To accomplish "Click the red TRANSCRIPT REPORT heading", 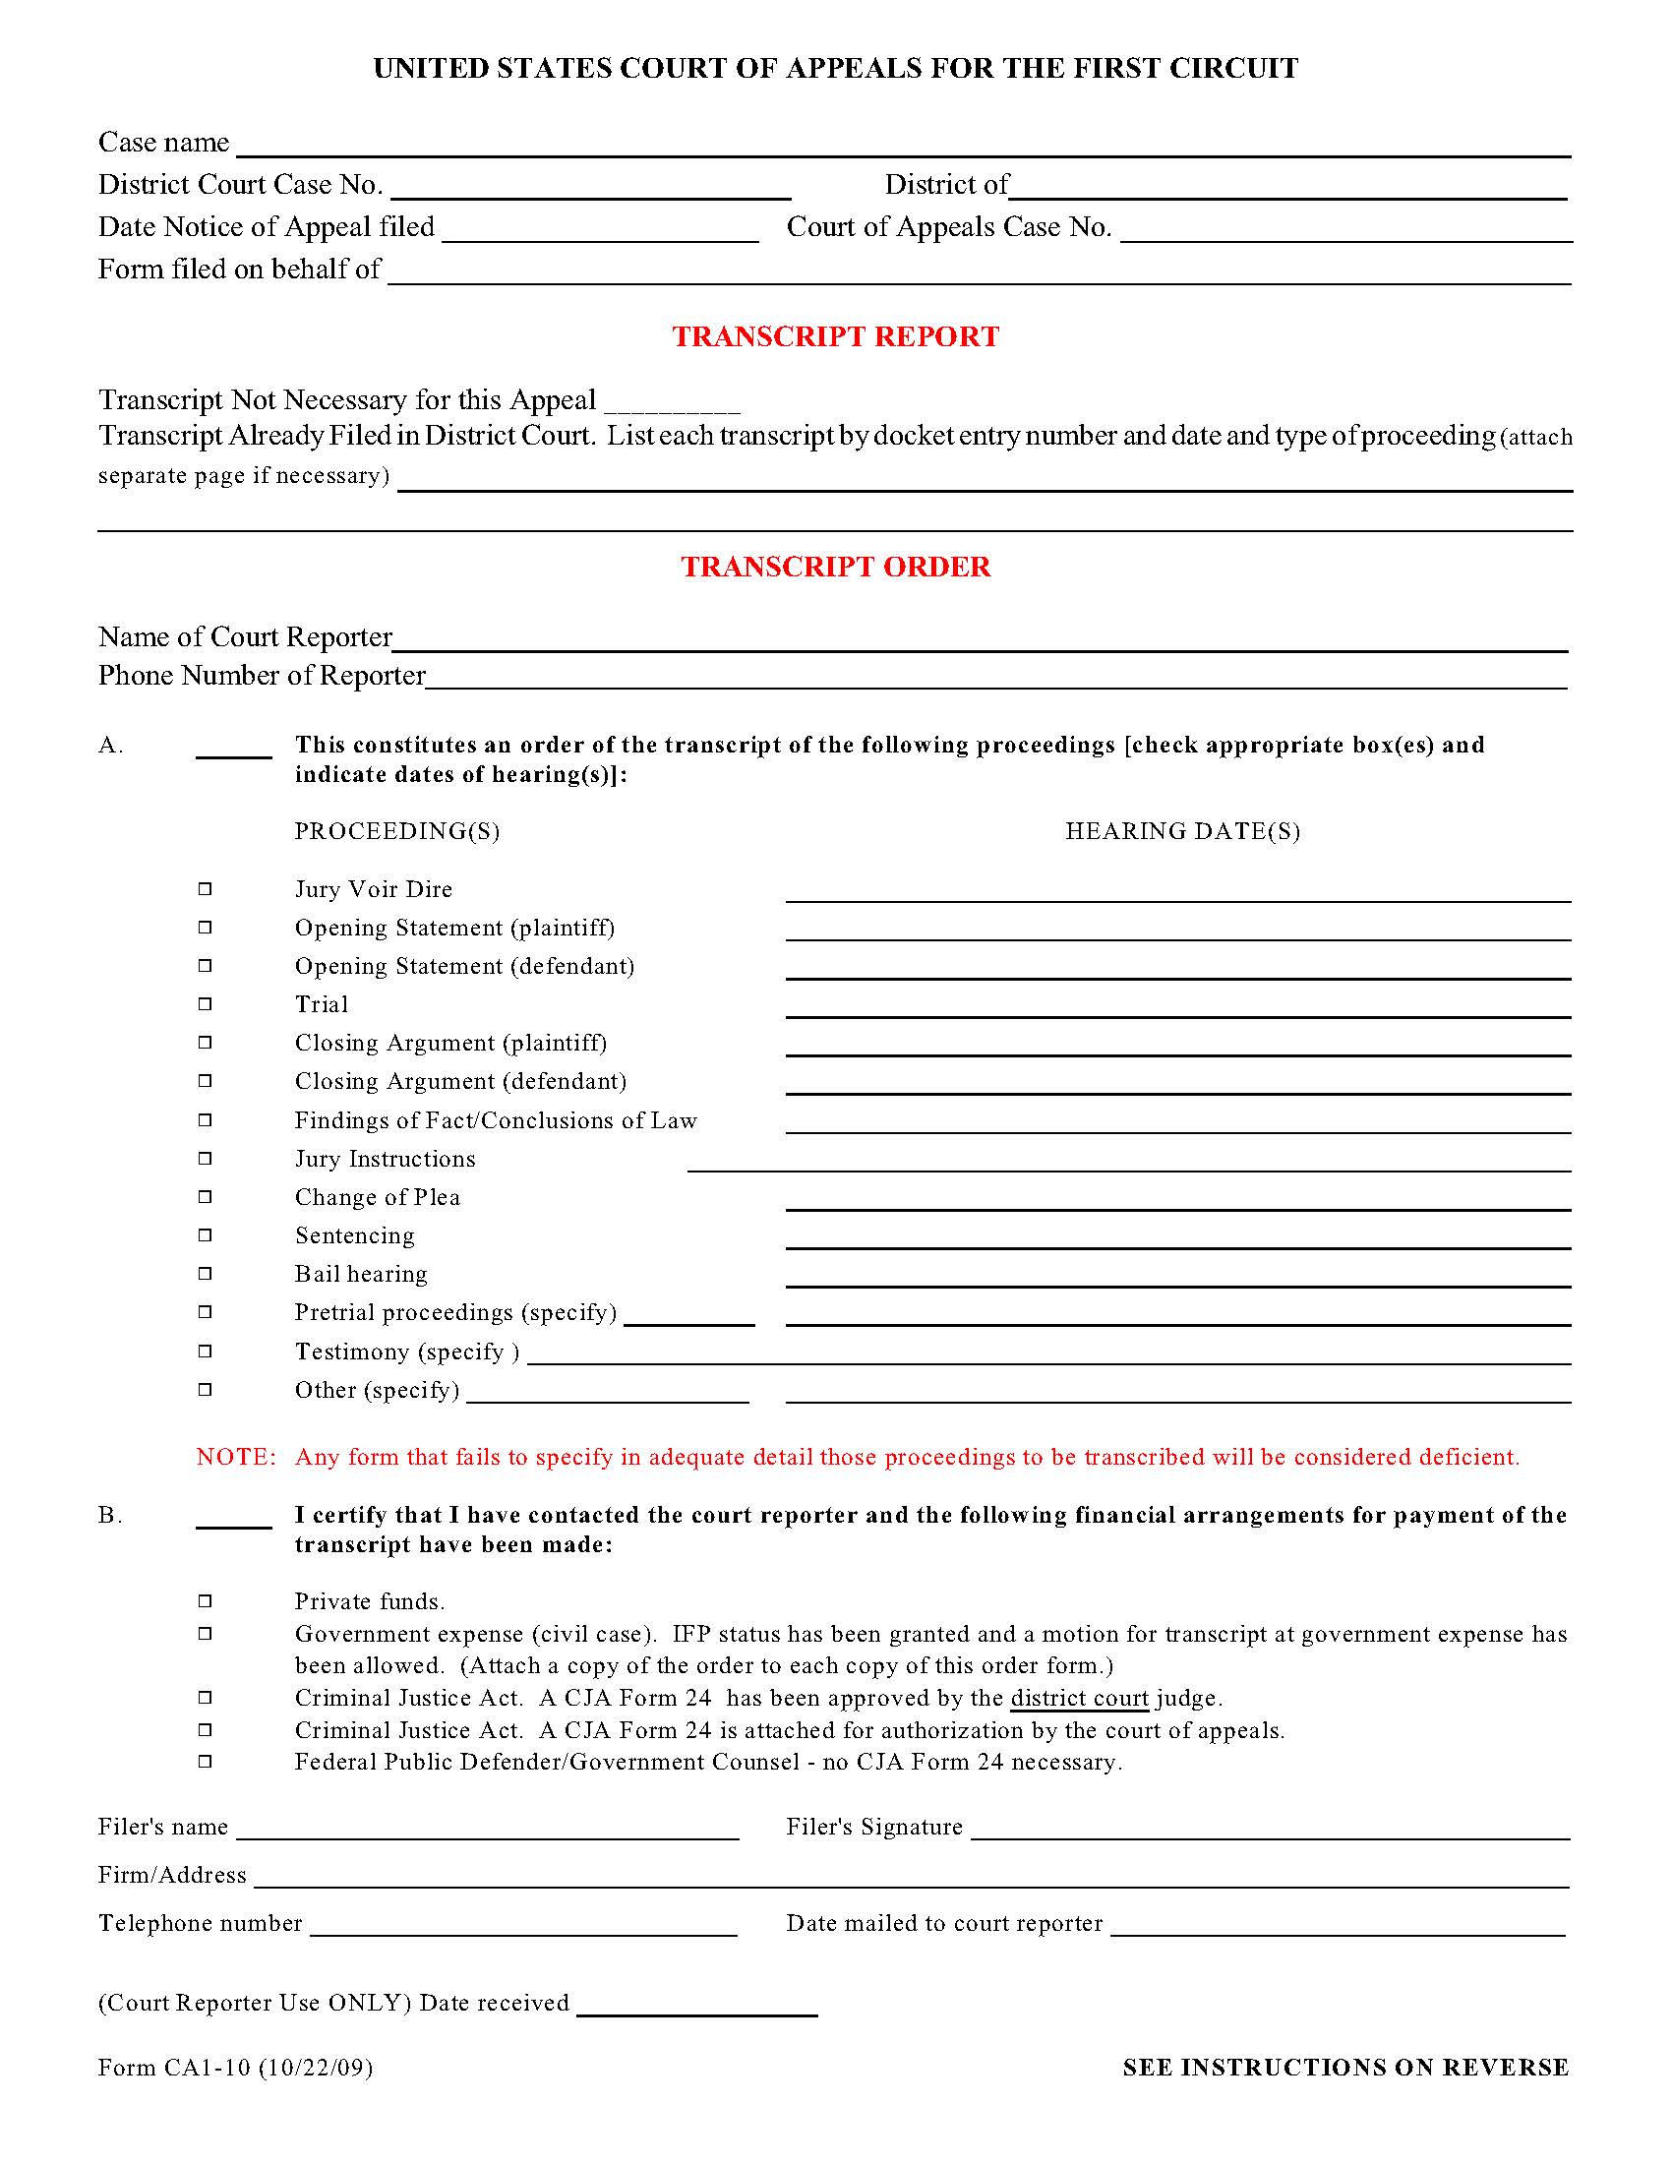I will pos(835,336).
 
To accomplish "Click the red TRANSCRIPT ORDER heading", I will pos(835,567).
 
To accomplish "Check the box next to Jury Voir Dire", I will pos(205,889).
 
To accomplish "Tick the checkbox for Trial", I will pos(205,1003).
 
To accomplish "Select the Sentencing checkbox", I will pos(205,1234).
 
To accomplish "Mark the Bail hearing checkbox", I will pos(205,1273).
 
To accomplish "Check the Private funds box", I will pos(205,1600).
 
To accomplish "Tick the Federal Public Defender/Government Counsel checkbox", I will pos(205,1761).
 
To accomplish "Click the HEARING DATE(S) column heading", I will pos(1181,831).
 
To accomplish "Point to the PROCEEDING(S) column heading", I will pos(397,831).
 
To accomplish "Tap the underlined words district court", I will pos(1079,1699).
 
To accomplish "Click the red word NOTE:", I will pos(236,1457).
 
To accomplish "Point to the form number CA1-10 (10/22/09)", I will pos(236,2067).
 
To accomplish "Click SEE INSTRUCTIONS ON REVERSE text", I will pos(1345,2067).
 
